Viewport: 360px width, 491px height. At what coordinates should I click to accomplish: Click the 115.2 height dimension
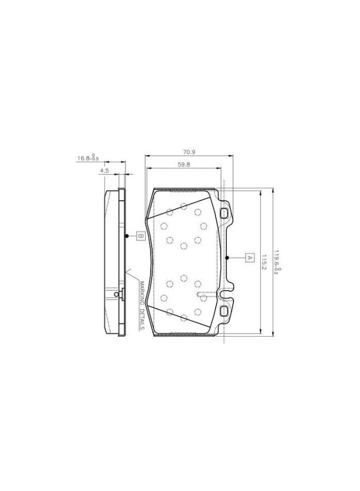pos(263,261)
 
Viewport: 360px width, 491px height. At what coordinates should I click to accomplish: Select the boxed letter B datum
pos(140,236)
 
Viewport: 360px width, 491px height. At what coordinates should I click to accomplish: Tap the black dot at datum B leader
pos(127,236)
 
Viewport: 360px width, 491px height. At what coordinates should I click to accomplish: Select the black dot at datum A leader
pos(226,257)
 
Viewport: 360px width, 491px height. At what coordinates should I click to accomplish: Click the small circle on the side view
pos(117,295)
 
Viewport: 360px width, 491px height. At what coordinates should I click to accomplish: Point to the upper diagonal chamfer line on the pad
pos(180,210)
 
